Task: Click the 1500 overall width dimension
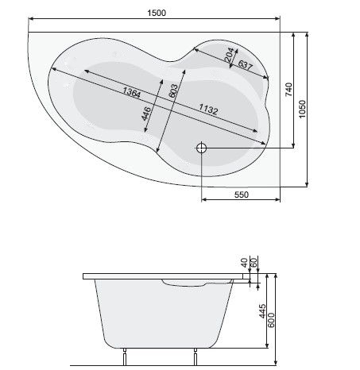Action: pyautogui.click(x=157, y=13)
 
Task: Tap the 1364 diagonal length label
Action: pyautogui.click(x=132, y=92)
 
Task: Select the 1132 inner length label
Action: pyautogui.click(x=208, y=109)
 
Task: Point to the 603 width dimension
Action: pyautogui.click(x=173, y=91)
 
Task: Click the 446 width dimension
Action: pyautogui.click(x=146, y=114)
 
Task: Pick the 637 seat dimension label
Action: pyautogui.click(x=246, y=65)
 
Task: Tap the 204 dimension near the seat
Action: pyautogui.click(x=229, y=55)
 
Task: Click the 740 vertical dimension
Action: pyautogui.click(x=288, y=90)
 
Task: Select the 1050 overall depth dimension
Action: pyautogui.click(x=302, y=110)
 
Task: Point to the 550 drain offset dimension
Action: pyautogui.click(x=242, y=195)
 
